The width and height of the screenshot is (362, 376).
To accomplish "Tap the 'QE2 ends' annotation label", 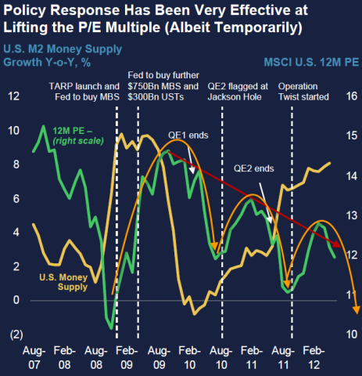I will (253, 167).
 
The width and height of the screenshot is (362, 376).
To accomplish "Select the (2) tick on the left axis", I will (13, 334).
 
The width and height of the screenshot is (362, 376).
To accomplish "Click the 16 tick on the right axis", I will (350, 96).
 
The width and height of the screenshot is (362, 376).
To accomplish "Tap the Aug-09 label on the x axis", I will (159, 356).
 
